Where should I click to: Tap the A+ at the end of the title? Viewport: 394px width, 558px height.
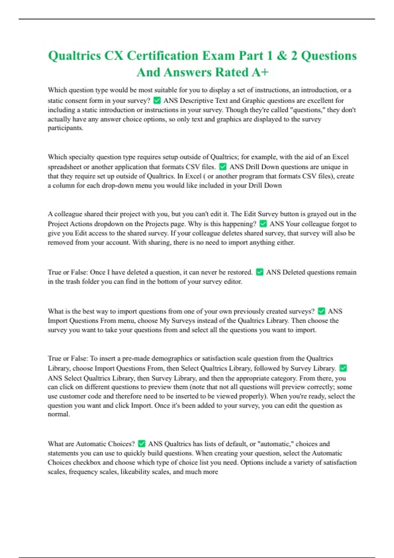(x=260, y=73)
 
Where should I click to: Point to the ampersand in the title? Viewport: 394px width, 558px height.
(x=282, y=56)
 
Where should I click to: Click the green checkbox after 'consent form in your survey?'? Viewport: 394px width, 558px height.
(x=157, y=100)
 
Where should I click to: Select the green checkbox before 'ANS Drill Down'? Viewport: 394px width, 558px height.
(x=223, y=166)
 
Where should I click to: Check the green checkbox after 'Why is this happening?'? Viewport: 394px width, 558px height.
(x=263, y=224)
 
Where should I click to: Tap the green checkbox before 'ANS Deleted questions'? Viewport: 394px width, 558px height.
(x=259, y=272)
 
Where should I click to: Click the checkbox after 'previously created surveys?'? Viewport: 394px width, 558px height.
(x=321, y=311)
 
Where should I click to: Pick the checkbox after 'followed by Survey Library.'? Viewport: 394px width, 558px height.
(x=343, y=368)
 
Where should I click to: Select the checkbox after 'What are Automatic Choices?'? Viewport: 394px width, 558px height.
(x=142, y=443)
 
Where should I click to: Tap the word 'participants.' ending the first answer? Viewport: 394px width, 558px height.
(x=65, y=128)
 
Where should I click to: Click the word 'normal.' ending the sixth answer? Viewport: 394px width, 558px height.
(x=59, y=414)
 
